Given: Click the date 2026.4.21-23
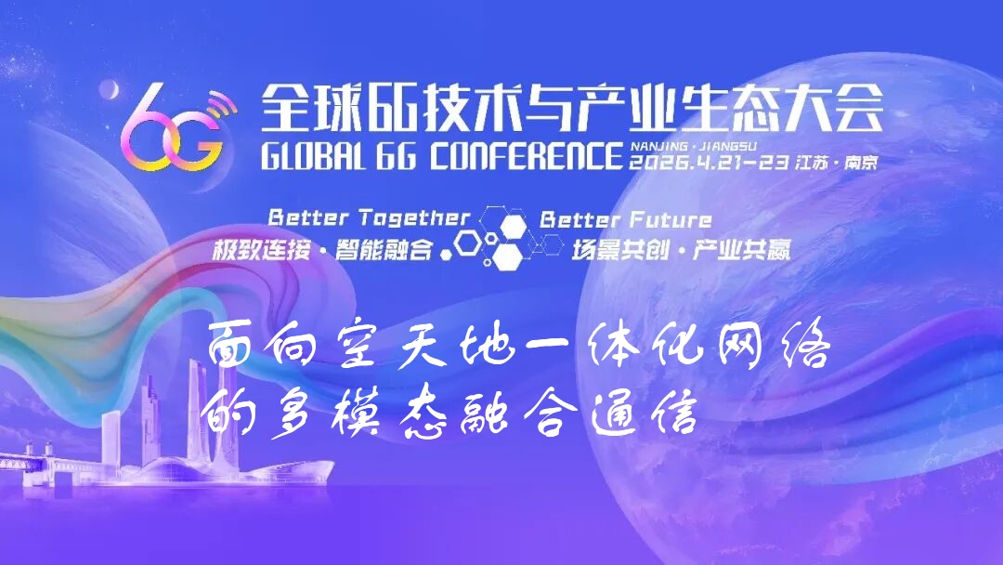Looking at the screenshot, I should point(710,163).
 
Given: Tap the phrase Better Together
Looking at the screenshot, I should point(369,218).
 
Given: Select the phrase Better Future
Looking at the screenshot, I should point(626,220).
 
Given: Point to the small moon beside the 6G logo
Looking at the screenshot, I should point(110,90).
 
